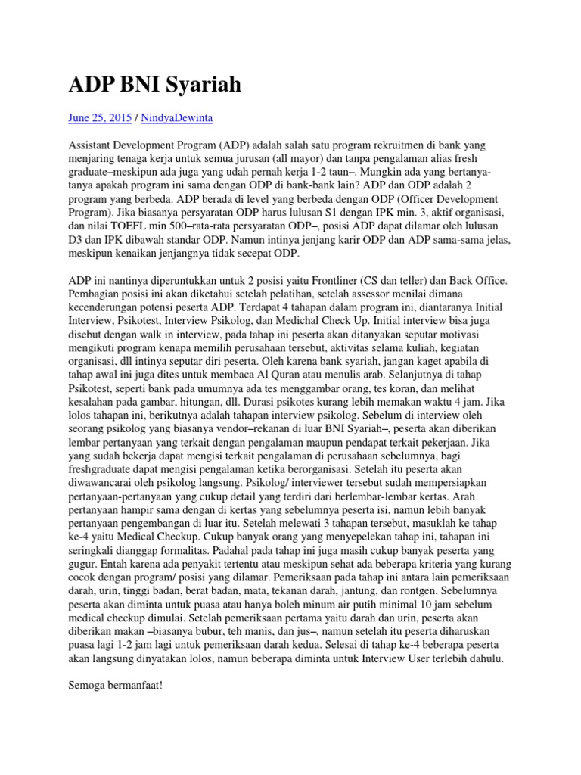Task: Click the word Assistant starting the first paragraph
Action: point(92,145)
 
